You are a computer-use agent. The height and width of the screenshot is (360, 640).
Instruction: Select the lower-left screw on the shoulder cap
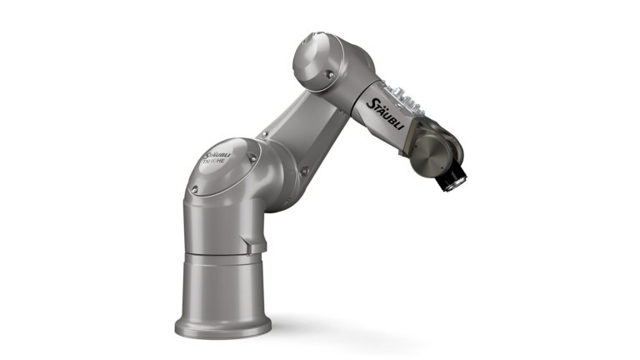pyautogui.click(x=194, y=189)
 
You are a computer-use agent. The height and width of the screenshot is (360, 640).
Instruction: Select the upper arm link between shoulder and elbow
pyautogui.click(x=304, y=133)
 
